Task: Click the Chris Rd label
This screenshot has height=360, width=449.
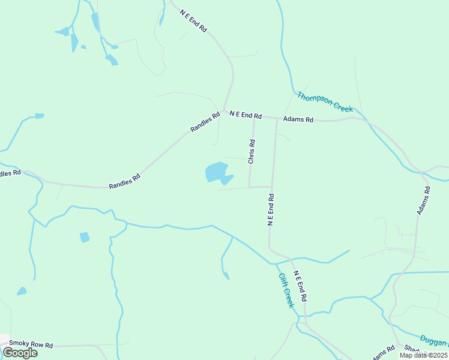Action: coord(252,152)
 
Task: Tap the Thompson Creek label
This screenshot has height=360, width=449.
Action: coord(325,101)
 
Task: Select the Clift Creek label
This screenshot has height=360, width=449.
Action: coord(286,290)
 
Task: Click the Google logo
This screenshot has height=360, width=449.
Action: coord(20,352)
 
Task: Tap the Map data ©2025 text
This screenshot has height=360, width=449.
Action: coord(423,355)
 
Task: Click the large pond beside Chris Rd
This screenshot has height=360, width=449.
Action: coord(216,172)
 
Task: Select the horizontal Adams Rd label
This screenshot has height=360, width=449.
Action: coord(298,119)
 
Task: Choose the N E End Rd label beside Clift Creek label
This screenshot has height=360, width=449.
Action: coord(301,286)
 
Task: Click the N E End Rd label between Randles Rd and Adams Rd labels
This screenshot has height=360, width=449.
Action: coord(246,115)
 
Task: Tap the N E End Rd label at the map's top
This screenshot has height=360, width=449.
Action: coord(193,20)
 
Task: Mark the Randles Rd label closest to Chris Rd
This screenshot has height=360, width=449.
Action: coord(205,122)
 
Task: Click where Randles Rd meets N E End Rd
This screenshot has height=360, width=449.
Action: coord(223,112)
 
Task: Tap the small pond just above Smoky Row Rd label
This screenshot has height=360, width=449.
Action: coord(22,292)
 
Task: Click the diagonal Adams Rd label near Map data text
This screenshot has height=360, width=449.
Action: coord(382,353)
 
